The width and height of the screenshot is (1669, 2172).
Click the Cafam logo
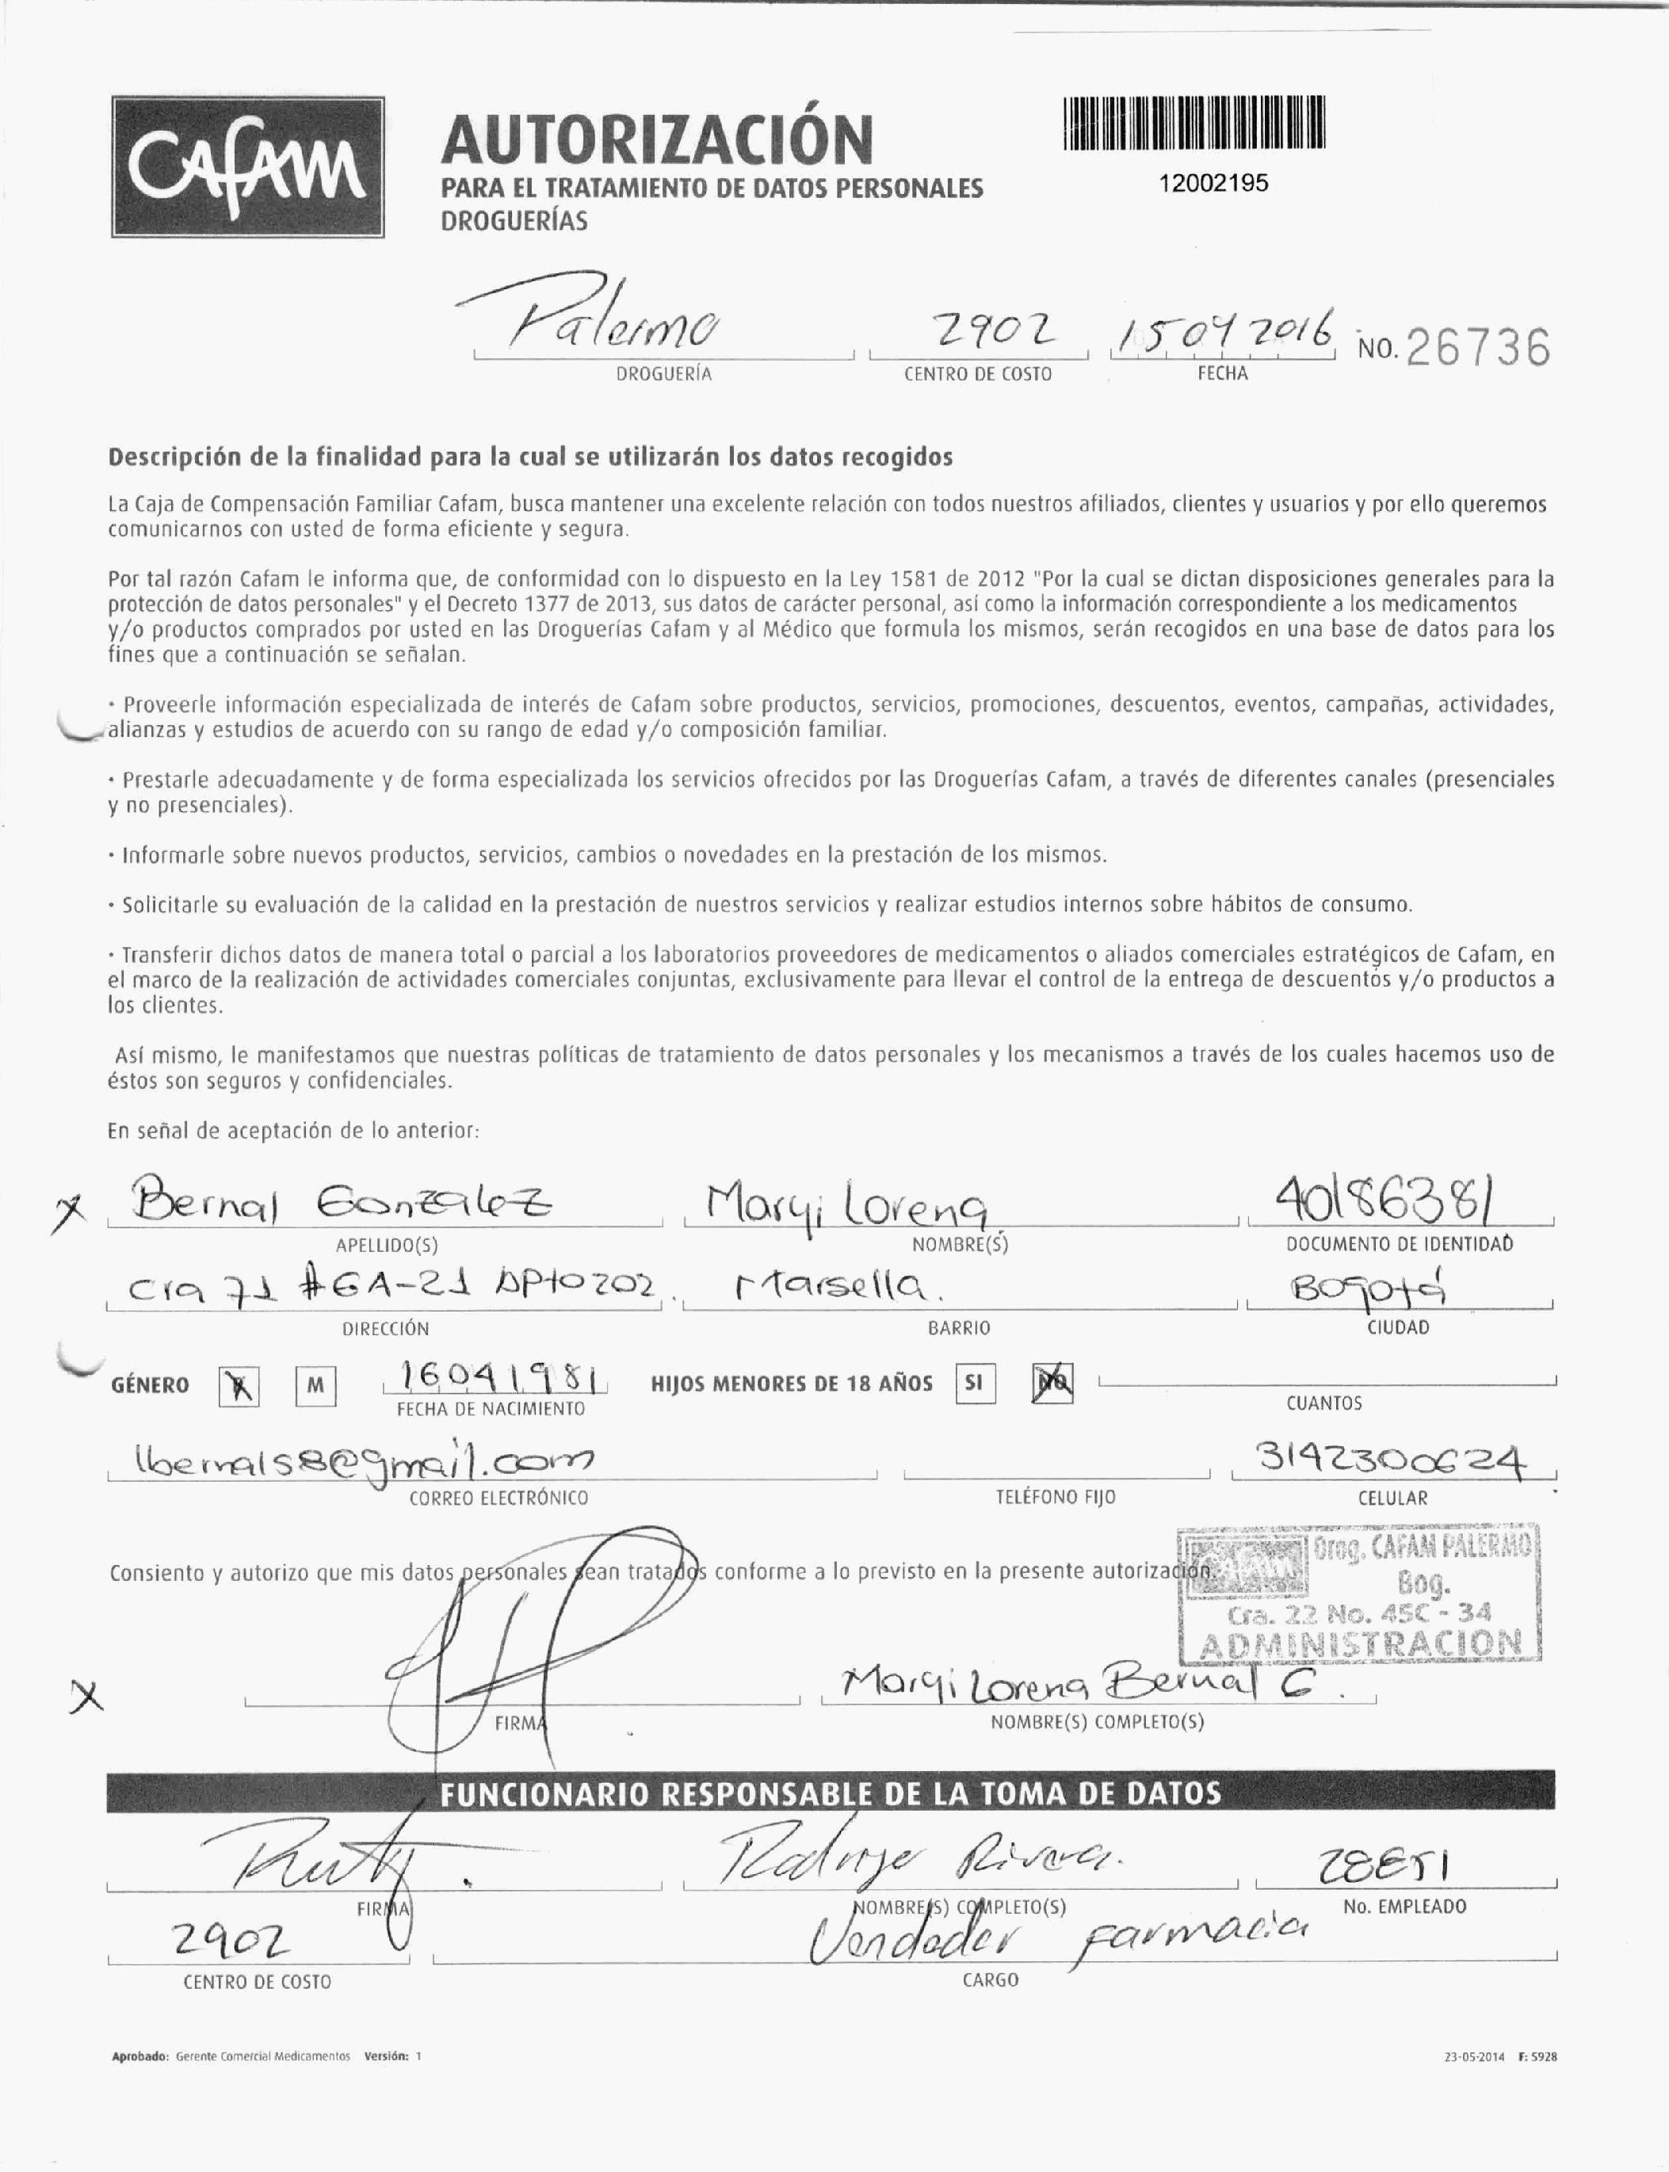point(247,167)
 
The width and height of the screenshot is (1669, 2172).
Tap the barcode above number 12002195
point(1194,122)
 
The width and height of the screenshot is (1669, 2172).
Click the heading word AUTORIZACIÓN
point(657,139)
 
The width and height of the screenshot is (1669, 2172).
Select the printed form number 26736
point(1478,348)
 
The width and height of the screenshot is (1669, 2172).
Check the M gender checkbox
point(315,1387)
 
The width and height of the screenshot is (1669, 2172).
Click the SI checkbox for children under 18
point(975,1384)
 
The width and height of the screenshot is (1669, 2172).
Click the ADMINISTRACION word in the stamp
point(1361,1644)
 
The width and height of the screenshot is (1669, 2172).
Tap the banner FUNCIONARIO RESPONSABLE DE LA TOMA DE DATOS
point(831,1793)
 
